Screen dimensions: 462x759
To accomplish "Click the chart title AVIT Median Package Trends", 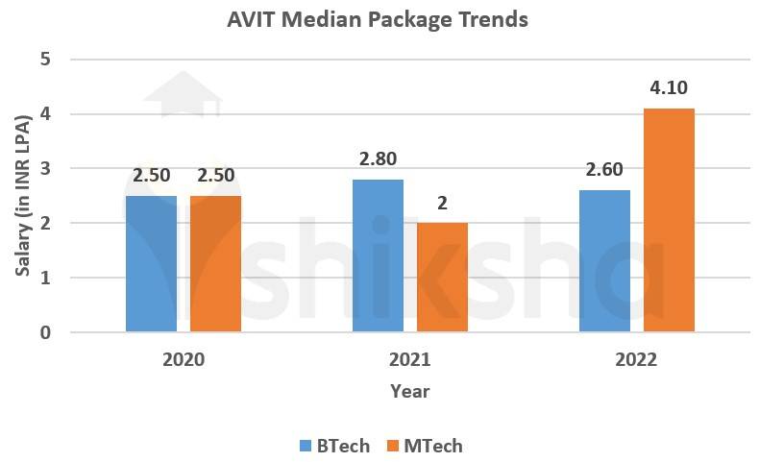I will (377, 19).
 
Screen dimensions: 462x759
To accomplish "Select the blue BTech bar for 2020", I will (152, 264).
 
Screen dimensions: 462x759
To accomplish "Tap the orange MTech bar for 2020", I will (216, 264).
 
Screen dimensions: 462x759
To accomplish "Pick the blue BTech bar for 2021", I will (378, 255).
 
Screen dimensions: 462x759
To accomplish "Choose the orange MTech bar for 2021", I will (443, 278).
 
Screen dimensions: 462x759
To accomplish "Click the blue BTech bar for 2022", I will (604, 261).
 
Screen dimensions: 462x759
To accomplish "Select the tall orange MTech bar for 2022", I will (669, 221).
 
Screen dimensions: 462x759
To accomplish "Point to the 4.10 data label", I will (669, 89).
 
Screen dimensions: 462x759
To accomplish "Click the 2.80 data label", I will (378, 159).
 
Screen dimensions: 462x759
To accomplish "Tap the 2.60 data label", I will (604, 170).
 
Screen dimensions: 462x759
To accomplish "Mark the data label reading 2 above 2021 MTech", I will (443, 204).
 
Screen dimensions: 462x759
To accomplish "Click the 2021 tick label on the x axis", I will (410, 360).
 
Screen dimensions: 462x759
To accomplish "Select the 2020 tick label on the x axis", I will (184, 360).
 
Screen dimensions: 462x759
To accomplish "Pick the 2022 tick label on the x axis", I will (636, 360).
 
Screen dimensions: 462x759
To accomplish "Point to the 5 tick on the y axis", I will (46, 60).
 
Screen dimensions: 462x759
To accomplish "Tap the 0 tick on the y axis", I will (46, 332).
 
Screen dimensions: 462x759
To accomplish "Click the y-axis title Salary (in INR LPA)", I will (23, 195).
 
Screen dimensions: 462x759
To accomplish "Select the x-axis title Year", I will (410, 391).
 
